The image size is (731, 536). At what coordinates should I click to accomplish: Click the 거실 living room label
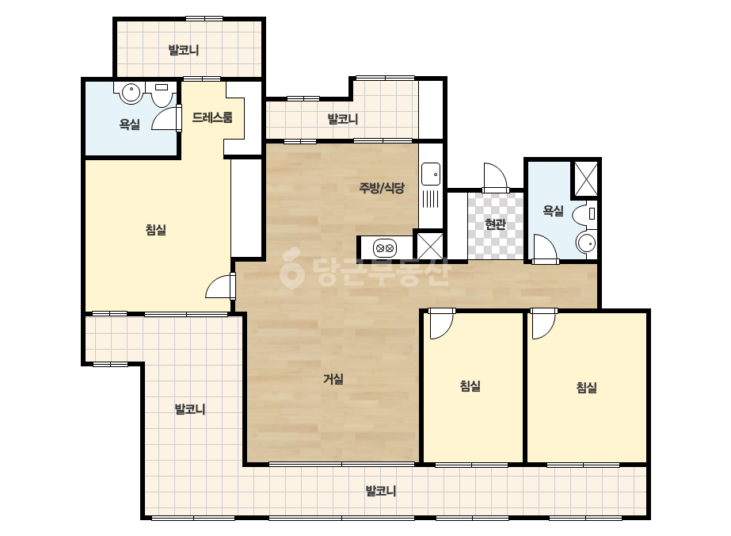point(333,379)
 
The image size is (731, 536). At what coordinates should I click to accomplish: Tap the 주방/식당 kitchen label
point(382,188)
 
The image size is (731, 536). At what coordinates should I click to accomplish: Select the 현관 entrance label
point(495,224)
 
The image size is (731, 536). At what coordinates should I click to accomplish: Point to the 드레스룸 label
point(212,117)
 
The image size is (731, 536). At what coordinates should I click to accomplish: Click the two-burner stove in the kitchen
point(385,248)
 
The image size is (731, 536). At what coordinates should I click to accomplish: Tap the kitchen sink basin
point(431,174)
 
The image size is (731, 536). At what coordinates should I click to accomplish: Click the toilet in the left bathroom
point(162,94)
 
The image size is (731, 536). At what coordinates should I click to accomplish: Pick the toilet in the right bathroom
point(584,215)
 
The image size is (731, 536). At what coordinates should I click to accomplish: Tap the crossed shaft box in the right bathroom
point(585,178)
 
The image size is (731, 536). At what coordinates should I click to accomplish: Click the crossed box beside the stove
point(430,246)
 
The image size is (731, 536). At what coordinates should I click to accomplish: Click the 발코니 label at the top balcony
point(184,50)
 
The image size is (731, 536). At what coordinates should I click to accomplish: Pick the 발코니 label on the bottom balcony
point(380,491)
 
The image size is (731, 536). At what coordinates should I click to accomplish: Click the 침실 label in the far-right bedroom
point(587,387)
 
